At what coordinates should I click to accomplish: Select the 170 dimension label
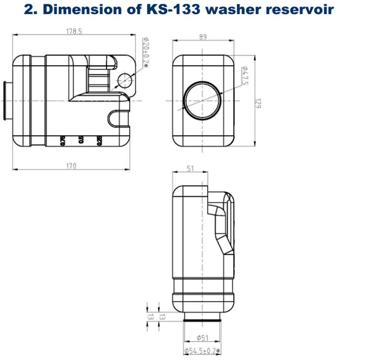pos(71,166)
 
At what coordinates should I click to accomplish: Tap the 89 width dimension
pos(203,37)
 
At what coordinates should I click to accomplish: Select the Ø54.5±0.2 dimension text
pos(202,351)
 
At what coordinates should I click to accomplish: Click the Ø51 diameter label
pos(202,338)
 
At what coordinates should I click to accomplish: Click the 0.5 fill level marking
pos(81,140)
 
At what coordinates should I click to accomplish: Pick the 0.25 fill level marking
pos(99,141)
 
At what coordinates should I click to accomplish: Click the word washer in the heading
pos(234,9)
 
